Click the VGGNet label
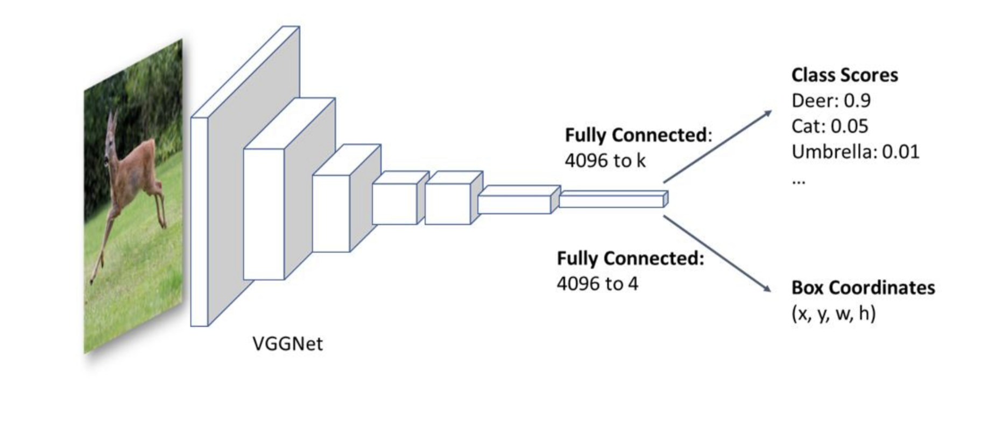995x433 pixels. (x=287, y=344)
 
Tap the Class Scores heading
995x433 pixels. (x=844, y=75)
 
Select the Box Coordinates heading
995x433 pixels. (x=863, y=288)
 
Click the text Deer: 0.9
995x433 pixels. (x=830, y=101)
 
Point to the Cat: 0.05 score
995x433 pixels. (x=829, y=126)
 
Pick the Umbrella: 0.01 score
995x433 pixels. (x=855, y=152)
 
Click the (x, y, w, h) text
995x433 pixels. (x=833, y=313)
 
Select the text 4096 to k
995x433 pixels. (x=604, y=160)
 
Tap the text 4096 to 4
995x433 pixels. (x=597, y=284)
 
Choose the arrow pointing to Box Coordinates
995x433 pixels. (x=717, y=254)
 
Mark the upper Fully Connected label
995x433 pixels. (x=637, y=135)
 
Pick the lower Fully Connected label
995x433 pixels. (x=630, y=259)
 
